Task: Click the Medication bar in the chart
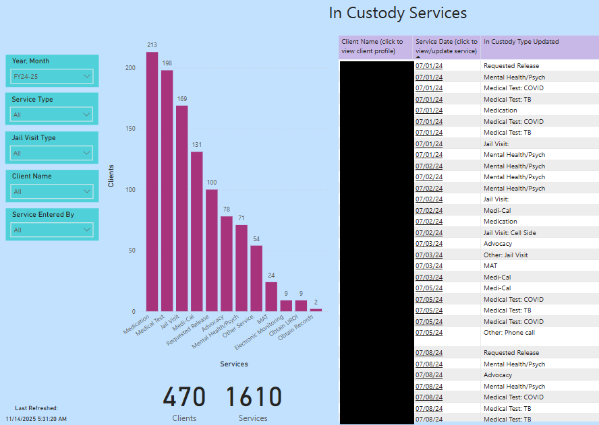(152, 182)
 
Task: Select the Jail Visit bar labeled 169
(182, 209)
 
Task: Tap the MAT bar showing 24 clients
(271, 296)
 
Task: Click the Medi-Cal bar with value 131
(197, 232)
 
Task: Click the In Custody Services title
(398, 13)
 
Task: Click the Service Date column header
(446, 46)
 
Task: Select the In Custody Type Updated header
(521, 42)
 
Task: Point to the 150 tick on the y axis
(130, 129)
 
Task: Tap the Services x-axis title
(234, 364)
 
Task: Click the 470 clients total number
(184, 397)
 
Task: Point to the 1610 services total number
(253, 397)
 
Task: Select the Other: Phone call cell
(510, 333)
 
